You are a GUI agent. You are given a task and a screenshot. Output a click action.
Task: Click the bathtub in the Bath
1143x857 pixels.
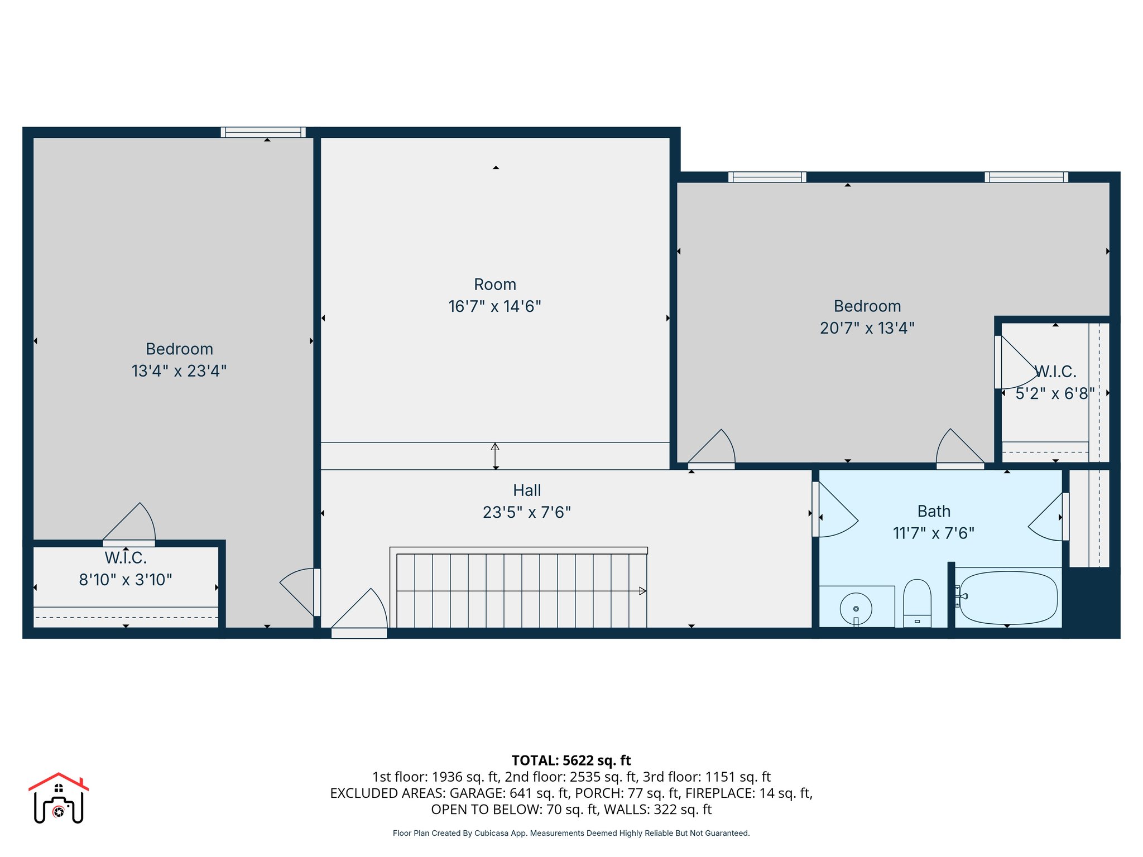point(1008,598)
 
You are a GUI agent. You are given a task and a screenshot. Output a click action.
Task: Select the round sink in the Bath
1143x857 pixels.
point(856,609)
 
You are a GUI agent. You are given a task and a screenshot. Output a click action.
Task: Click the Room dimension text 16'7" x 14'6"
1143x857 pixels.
point(494,306)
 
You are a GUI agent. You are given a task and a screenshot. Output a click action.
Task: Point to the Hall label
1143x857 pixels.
point(527,490)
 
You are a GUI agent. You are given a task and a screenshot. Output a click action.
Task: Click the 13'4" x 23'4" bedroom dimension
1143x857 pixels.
point(179,371)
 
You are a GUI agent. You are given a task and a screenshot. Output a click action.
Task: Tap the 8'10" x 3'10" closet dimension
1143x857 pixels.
point(126,580)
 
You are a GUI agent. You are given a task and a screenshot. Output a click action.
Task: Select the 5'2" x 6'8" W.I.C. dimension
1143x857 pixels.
point(1054,393)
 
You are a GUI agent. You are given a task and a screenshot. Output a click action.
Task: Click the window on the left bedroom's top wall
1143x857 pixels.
point(263,132)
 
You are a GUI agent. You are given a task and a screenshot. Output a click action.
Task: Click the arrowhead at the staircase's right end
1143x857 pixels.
point(642,591)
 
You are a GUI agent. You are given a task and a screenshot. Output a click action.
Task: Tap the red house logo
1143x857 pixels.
point(59,797)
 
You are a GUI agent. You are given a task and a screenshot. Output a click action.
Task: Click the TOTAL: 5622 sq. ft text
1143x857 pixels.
point(571,760)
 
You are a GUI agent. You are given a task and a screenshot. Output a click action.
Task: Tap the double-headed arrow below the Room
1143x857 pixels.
point(495,456)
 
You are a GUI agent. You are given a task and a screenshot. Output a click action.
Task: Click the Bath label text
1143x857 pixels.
point(934,511)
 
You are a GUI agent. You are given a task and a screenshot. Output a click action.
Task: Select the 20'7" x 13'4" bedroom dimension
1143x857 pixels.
point(867,328)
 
